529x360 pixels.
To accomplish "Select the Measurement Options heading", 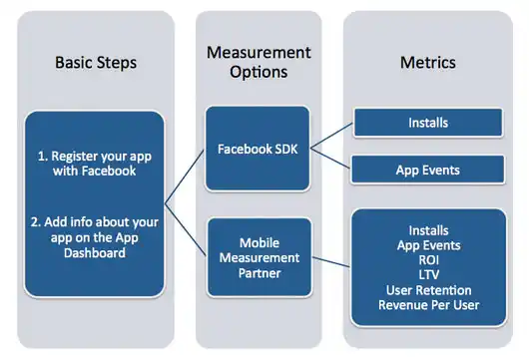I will point(258,62).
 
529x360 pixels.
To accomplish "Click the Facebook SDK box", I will point(258,150).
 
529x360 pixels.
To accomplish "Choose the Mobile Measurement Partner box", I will point(258,257).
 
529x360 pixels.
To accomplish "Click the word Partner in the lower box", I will point(258,273).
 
